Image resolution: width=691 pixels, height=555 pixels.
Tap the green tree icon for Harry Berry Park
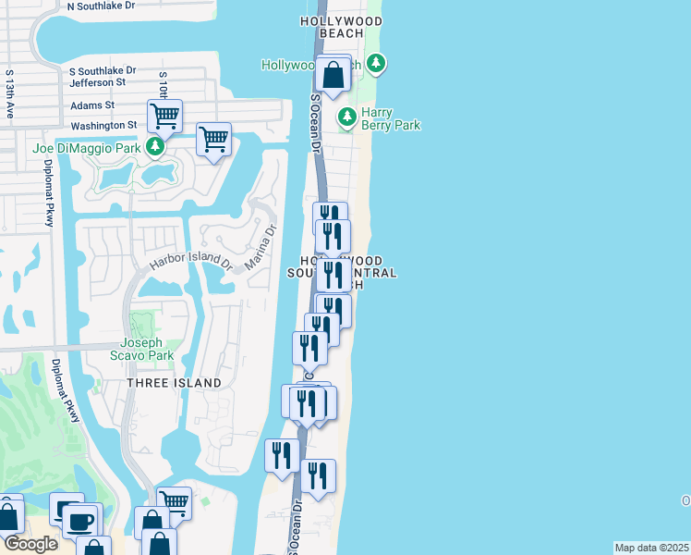point(347,117)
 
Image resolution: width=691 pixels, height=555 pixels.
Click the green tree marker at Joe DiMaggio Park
point(157,148)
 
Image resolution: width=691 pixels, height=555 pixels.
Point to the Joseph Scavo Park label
point(148,348)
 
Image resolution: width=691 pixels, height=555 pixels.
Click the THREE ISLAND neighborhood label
point(174,383)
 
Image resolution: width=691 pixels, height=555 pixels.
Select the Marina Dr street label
point(260,249)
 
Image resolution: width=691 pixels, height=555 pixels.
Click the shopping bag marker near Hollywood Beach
point(333,75)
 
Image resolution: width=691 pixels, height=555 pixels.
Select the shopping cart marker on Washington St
point(164,117)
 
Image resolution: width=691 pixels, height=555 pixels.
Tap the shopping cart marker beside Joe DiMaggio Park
point(213,141)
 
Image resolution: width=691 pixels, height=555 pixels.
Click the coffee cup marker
point(79,521)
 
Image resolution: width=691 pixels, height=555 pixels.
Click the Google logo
point(30,545)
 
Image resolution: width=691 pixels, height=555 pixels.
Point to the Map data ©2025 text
point(651,548)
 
